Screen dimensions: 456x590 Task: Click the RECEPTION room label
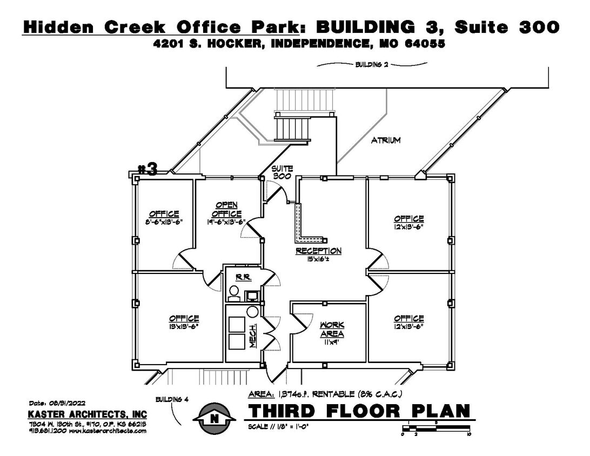point(318,251)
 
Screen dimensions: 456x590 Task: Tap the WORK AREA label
point(332,329)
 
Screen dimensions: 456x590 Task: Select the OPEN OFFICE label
point(229,210)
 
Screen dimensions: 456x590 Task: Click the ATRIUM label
point(386,140)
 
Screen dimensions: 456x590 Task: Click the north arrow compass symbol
point(214,418)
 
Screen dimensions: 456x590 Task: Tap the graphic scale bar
point(436,429)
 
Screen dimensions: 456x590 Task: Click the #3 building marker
point(147,169)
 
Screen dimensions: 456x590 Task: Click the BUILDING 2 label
point(372,64)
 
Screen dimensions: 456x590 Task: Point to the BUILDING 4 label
point(171,400)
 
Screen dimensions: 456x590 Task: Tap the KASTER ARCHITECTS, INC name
point(87,414)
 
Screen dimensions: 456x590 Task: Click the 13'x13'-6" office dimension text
point(184,326)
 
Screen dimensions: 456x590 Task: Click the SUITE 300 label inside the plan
point(281,172)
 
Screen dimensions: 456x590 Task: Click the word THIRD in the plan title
point(281,411)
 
